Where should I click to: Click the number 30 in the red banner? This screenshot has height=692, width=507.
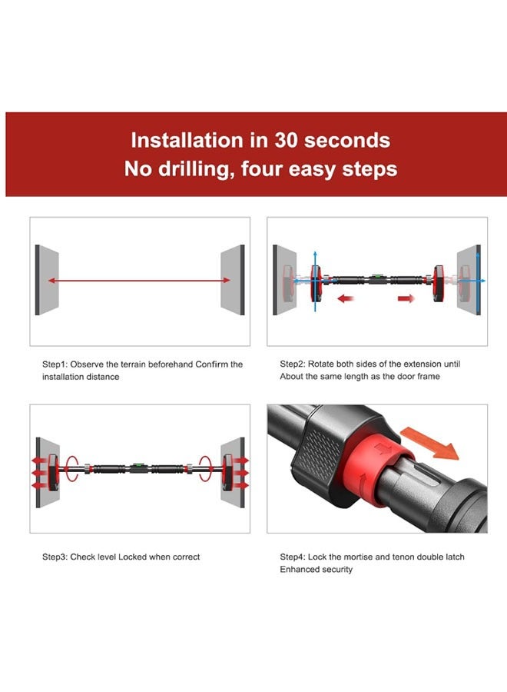[287, 141]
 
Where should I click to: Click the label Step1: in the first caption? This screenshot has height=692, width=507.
[55, 364]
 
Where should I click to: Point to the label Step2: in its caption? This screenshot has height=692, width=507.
[293, 364]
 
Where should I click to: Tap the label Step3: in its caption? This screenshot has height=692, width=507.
[55, 557]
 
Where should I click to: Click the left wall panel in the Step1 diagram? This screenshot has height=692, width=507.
[46, 280]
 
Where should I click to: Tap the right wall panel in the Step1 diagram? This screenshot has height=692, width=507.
[233, 280]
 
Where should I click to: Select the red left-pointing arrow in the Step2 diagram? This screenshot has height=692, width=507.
[346, 299]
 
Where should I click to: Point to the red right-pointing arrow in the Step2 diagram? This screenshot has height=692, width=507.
[406, 299]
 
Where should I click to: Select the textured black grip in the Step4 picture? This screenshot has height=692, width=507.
[316, 452]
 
